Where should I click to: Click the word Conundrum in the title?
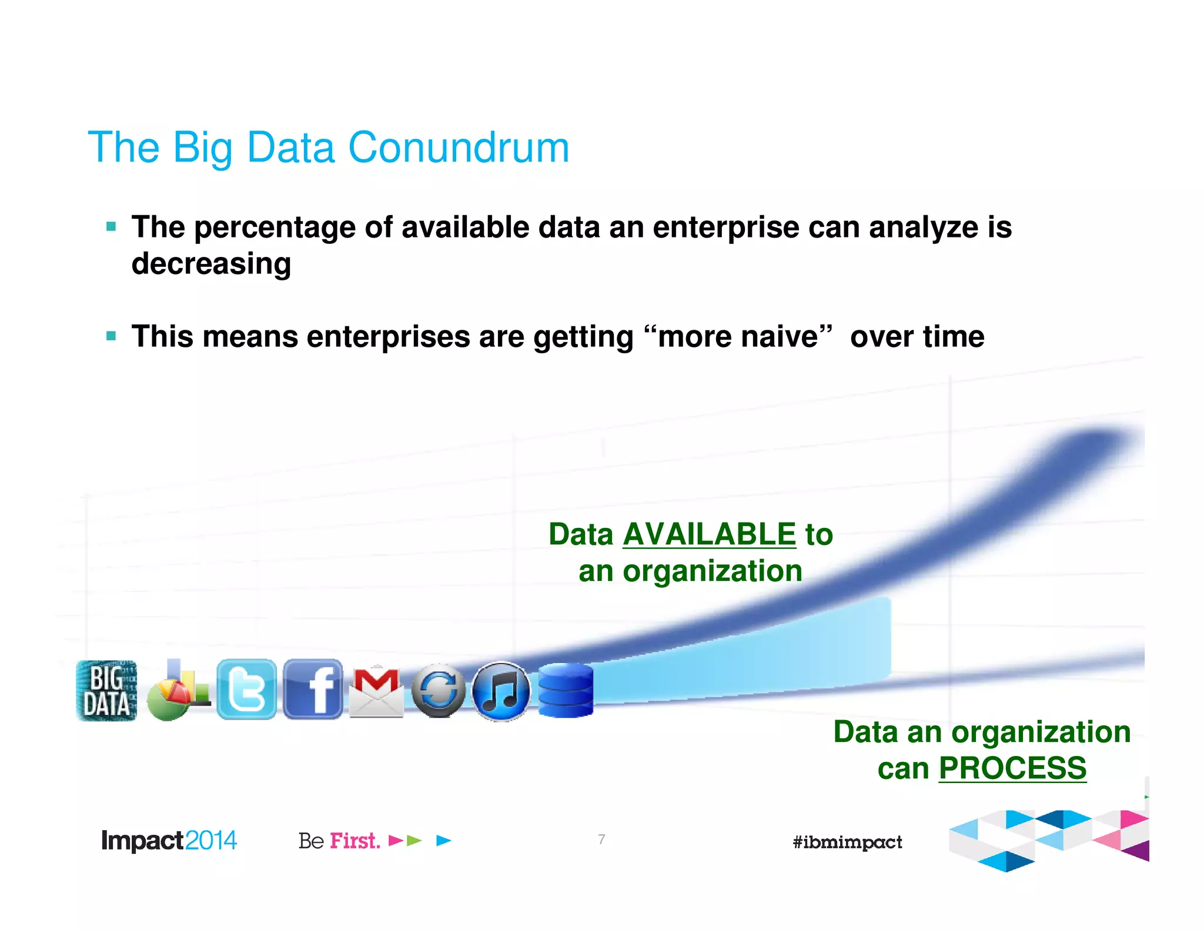459,148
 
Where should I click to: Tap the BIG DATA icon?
106,691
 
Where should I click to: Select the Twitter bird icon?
246,690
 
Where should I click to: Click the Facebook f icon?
313,690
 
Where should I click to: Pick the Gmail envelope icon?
376,692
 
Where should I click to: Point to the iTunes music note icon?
500,692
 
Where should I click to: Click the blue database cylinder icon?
566,691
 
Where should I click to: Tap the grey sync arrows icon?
439,691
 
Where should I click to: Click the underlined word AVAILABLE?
709,534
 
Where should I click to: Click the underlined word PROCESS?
1012,768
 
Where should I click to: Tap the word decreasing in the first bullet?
211,263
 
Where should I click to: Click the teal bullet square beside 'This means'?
111,336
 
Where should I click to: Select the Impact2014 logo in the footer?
169,841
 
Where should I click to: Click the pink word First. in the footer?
354,841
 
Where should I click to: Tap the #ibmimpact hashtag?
847,842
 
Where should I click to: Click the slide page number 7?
601,839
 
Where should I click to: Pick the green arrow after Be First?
414,841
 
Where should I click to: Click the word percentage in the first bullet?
275,228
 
